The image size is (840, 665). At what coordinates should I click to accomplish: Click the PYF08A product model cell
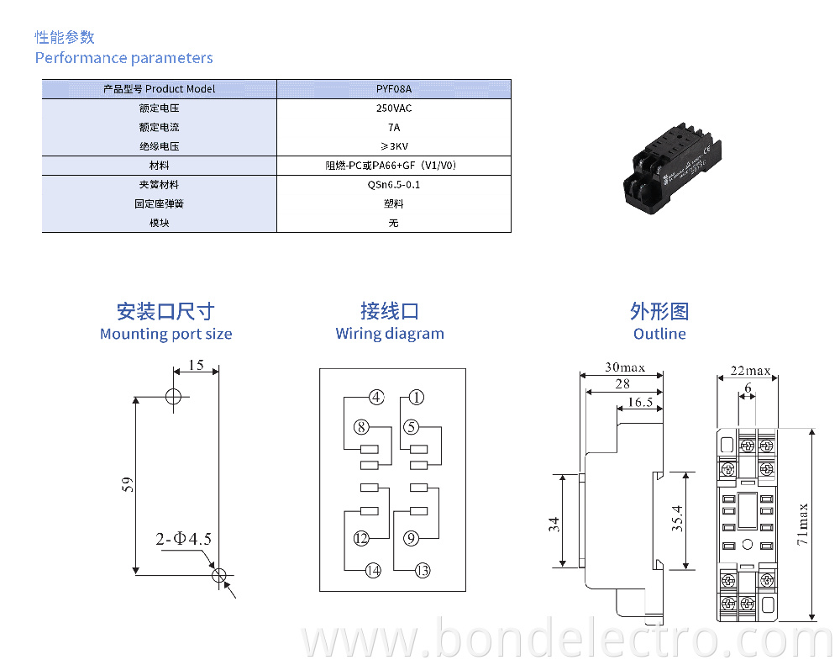click(x=393, y=88)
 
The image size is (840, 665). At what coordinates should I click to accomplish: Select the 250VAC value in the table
click(x=393, y=108)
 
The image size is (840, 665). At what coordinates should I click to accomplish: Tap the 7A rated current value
click(x=393, y=127)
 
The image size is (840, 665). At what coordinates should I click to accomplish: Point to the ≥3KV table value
click(x=393, y=146)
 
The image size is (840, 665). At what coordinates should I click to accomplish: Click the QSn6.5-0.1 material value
click(x=393, y=184)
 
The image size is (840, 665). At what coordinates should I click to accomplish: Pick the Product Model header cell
click(x=159, y=88)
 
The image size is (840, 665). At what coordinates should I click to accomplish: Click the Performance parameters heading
click(x=123, y=58)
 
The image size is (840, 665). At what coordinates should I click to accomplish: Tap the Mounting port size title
click(x=165, y=334)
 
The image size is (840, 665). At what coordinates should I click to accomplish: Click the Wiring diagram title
click(x=390, y=334)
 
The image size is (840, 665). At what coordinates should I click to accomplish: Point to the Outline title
click(x=659, y=334)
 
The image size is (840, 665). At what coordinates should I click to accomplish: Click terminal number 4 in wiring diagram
click(x=375, y=398)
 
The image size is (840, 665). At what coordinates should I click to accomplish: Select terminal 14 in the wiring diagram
click(x=373, y=571)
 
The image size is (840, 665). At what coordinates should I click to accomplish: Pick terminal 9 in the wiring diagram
click(x=411, y=539)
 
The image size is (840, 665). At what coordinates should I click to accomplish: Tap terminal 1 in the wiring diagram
click(x=417, y=398)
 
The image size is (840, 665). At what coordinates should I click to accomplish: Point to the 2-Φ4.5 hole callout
click(x=183, y=539)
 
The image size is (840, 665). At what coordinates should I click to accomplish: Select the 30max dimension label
click(x=625, y=367)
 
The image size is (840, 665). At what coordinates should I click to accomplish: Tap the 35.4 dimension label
click(x=677, y=520)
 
